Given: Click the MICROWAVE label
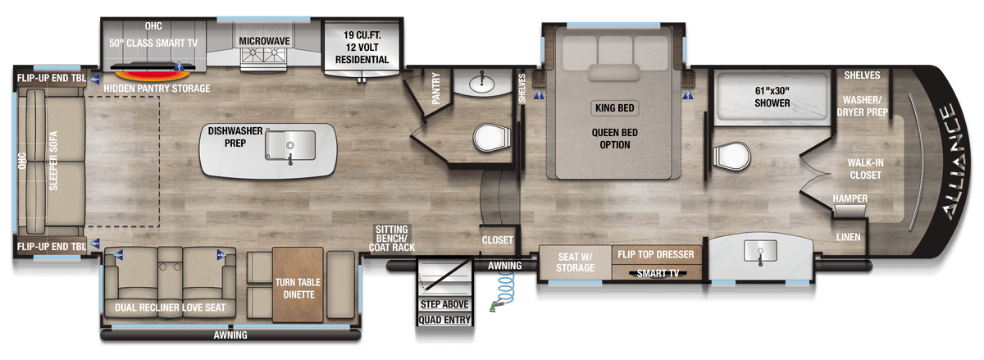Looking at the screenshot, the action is (x=264, y=41).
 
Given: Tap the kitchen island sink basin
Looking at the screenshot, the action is (x=290, y=145).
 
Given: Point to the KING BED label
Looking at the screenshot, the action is (x=614, y=107).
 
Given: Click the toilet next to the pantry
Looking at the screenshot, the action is (x=492, y=137).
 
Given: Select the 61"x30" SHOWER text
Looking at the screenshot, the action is (x=772, y=97).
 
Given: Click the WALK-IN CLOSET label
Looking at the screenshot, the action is (x=865, y=169).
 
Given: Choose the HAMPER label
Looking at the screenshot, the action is (x=850, y=198).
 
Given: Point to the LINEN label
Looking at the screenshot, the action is (x=848, y=237).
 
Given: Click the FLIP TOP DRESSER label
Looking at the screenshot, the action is (x=656, y=254).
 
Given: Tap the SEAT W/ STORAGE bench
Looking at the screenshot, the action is (x=575, y=262).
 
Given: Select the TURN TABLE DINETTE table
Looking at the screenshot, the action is (x=298, y=285).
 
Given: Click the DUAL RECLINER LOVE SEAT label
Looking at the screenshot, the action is (x=170, y=308).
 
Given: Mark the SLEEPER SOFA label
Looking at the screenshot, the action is (x=53, y=161).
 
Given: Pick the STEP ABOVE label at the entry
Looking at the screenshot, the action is (x=444, y=304).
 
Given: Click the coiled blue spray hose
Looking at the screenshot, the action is (x=503, y=290).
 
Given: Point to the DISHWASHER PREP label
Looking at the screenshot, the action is (x=235, y=137).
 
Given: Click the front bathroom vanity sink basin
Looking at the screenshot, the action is (x=760, y=251).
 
